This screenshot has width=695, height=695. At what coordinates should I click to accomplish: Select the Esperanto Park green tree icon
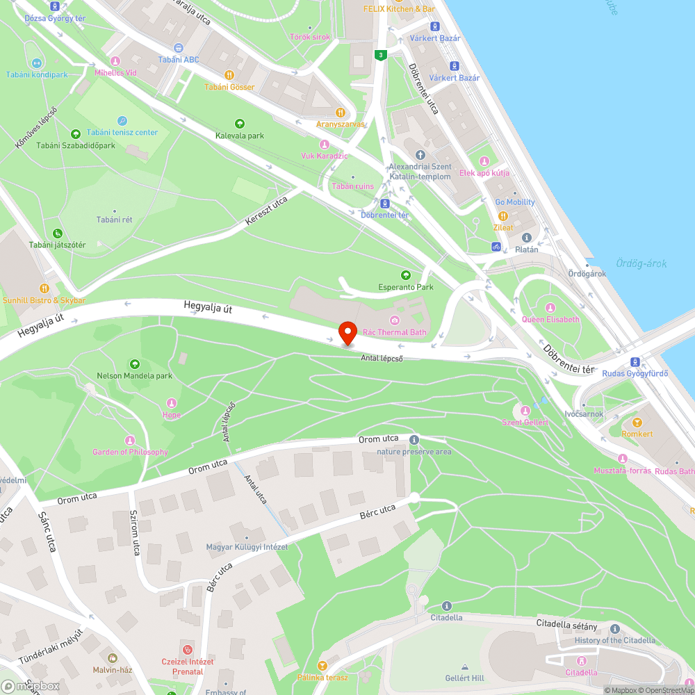tap(406, 275)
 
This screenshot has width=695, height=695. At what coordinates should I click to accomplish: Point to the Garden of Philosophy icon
tap(129, 441)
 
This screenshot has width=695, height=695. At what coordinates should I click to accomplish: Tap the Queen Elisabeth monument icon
tap(550, 308)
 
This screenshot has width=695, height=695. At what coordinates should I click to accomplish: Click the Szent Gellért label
tap(525, 422)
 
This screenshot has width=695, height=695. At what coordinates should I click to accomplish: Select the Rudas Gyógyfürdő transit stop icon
tap(635, 362)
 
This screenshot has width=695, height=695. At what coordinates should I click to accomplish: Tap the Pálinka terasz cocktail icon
tap(322, 666)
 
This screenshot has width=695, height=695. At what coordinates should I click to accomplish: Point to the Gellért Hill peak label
tap(465, 678)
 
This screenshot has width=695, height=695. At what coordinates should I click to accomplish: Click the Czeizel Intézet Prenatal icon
tap(186, 649)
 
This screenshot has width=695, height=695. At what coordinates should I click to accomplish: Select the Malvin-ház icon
tap(112, 657)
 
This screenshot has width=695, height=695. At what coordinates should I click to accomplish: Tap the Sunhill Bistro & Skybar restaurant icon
tap(44, 288)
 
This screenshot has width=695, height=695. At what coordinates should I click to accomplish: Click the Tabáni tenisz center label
tap(127, 132)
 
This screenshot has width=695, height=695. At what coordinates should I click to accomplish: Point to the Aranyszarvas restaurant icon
tap(341, 113)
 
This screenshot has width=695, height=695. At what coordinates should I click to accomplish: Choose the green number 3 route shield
tap(380, 55)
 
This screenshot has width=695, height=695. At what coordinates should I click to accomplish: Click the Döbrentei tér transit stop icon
tap(385, 204)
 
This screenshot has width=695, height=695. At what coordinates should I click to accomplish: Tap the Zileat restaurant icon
tap(503, 216)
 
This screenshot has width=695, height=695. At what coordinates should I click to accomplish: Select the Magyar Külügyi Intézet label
tap(247, 547)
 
